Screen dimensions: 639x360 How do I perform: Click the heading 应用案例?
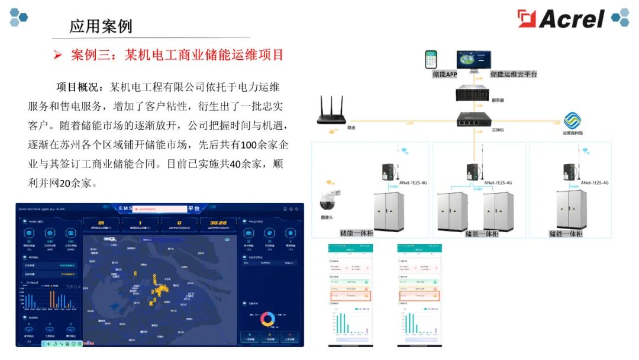(x=101, y=27)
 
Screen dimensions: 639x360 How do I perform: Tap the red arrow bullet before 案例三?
(x=57, y=55)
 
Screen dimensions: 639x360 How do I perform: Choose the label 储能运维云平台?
(x=514, y=75)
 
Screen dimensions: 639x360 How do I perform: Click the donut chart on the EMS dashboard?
(x=267, y=319)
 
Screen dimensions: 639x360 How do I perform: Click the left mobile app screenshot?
(x=352, y=294)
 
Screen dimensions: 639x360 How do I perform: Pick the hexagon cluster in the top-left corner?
(x=18, y=17)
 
